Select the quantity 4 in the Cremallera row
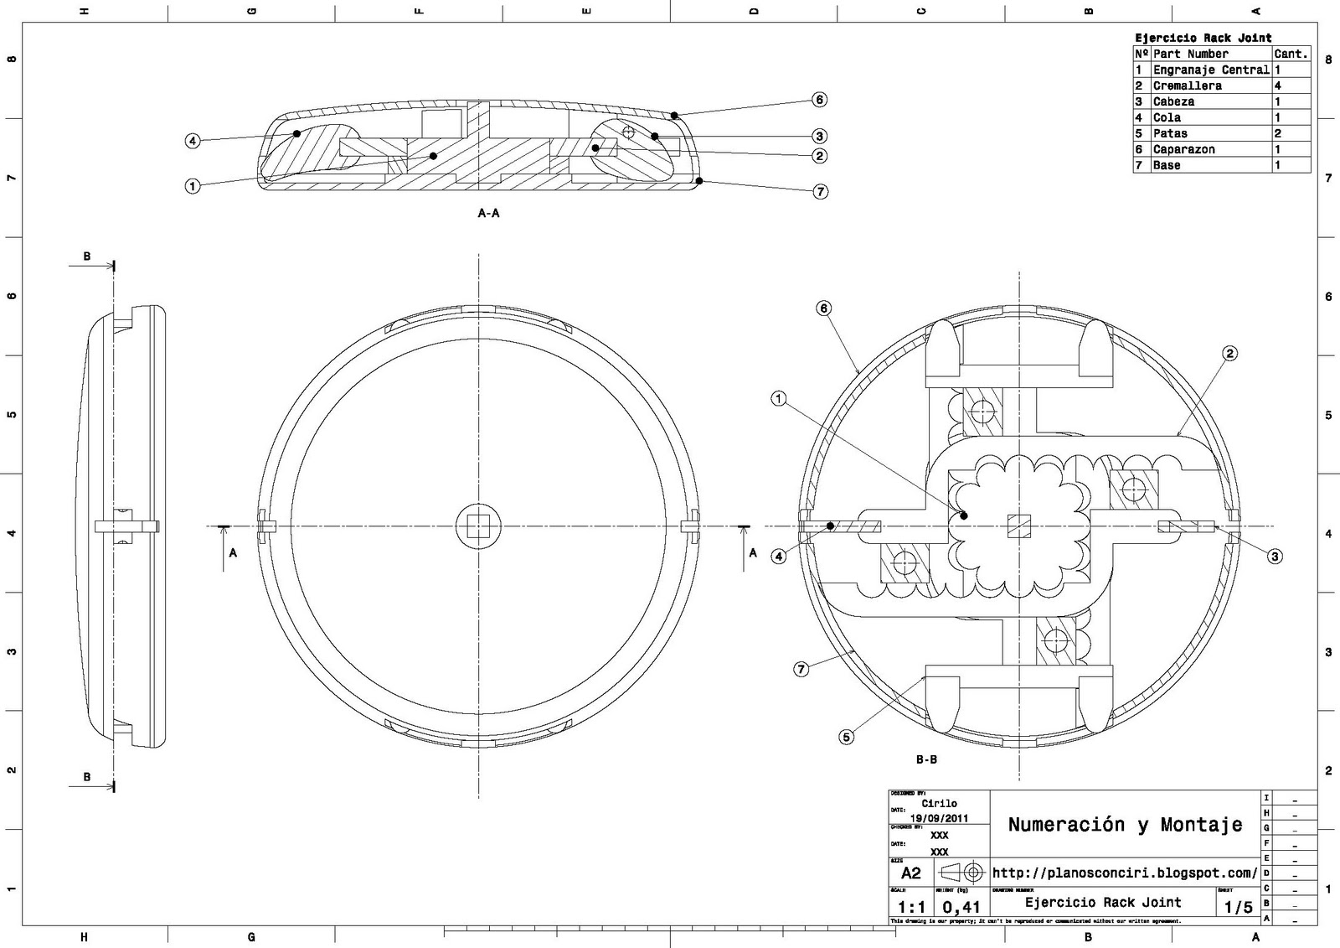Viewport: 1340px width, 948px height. click(x=1278, y=85)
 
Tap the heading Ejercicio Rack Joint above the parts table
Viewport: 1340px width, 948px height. click(x=1203, y=38)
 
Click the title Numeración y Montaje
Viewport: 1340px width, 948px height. click(x=1125, y=825)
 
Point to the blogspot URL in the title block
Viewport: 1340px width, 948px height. click(x=1124, y=873)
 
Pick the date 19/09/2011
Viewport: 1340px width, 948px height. click(x=939, y=819)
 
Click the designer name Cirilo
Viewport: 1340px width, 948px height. click(x=939, y=803)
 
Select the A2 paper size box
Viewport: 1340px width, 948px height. click(x=910, y=873)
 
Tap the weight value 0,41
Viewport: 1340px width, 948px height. click(x=961, y=907)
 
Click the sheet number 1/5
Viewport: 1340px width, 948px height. click(x=1238, y=907)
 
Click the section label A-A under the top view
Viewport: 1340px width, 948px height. click(x=488, y=214)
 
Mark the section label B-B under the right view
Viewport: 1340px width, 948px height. click(x=925, y=760)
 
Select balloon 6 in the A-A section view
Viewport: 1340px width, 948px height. click(x=819, y=100)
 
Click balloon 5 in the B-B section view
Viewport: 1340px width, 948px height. click(x=847, y=738)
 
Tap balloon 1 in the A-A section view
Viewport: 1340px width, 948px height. click(x=193, y=186)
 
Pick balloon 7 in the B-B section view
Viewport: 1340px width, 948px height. click(x=801, y=669)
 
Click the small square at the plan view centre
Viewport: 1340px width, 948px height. click(x=478, y=526)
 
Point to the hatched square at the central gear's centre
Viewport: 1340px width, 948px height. click(x=1018, y=526)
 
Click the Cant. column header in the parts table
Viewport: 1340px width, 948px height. click(x=1291, y=54)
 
